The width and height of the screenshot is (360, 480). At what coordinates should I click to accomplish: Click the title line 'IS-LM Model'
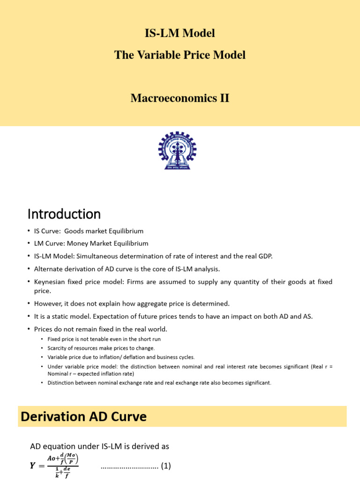(x=180, y=33)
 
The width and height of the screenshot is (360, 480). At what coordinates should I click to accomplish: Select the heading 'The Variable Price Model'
(x=180, y=55)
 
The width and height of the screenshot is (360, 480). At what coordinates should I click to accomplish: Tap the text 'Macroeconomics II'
(x=180, y=98)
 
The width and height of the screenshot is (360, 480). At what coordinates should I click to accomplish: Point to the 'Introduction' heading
(x=64, y=214)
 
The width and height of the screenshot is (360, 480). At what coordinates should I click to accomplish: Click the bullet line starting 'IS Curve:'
(x=89, y=231)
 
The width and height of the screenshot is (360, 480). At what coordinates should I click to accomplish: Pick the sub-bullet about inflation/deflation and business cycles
(x=121, y=357)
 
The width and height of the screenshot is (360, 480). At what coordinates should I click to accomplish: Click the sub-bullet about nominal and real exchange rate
(x=159, y=382)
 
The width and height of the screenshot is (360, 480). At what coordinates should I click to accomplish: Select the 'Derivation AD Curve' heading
(x=84, y=416)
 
